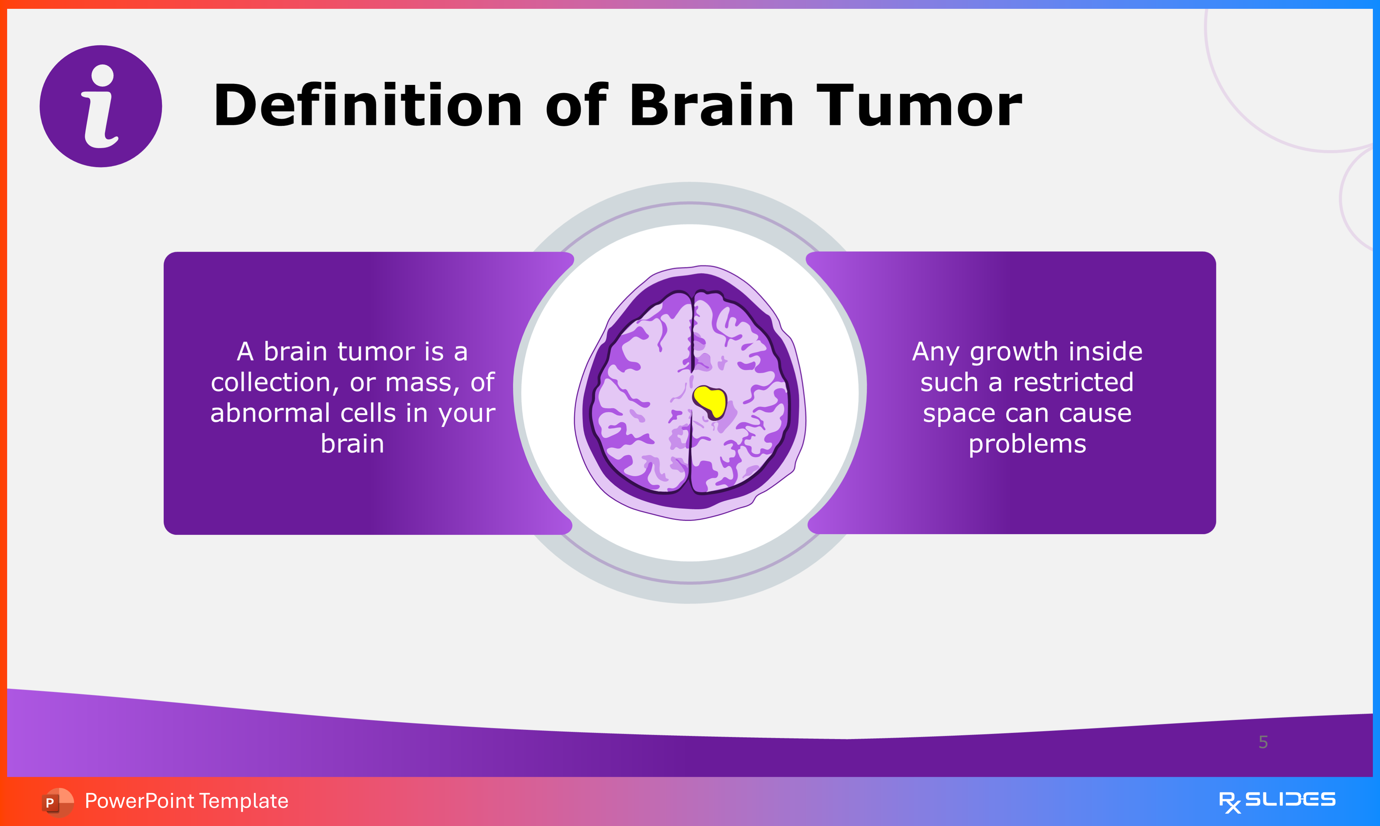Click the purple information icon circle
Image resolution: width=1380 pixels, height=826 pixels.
tap(101, 106)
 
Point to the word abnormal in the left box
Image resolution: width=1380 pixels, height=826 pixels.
tap(270, 413)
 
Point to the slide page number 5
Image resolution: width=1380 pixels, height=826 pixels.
tap(1263, 742)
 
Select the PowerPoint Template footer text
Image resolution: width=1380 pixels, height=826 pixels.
tap(186, 801)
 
